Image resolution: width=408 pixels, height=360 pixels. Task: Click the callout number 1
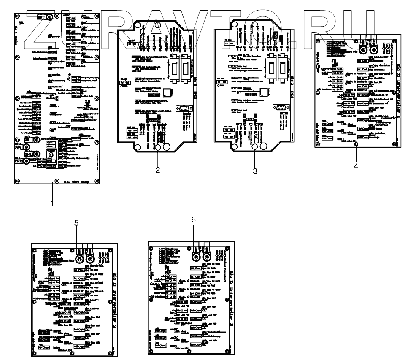tap(53, 203)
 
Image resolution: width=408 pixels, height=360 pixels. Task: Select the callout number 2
tap(157, 170)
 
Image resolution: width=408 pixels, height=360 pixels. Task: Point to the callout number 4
tap(356, 165)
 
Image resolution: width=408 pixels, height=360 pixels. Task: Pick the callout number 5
tap(76, 224)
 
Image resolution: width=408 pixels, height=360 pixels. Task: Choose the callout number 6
tap(193, 219)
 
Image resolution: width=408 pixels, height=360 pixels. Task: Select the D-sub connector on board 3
tap(279, 109)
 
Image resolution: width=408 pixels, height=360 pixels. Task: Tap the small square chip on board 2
tap(168, 93)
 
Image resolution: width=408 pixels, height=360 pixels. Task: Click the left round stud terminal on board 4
tap(363, 49)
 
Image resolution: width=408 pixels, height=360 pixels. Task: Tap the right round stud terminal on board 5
tap(90, 259)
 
